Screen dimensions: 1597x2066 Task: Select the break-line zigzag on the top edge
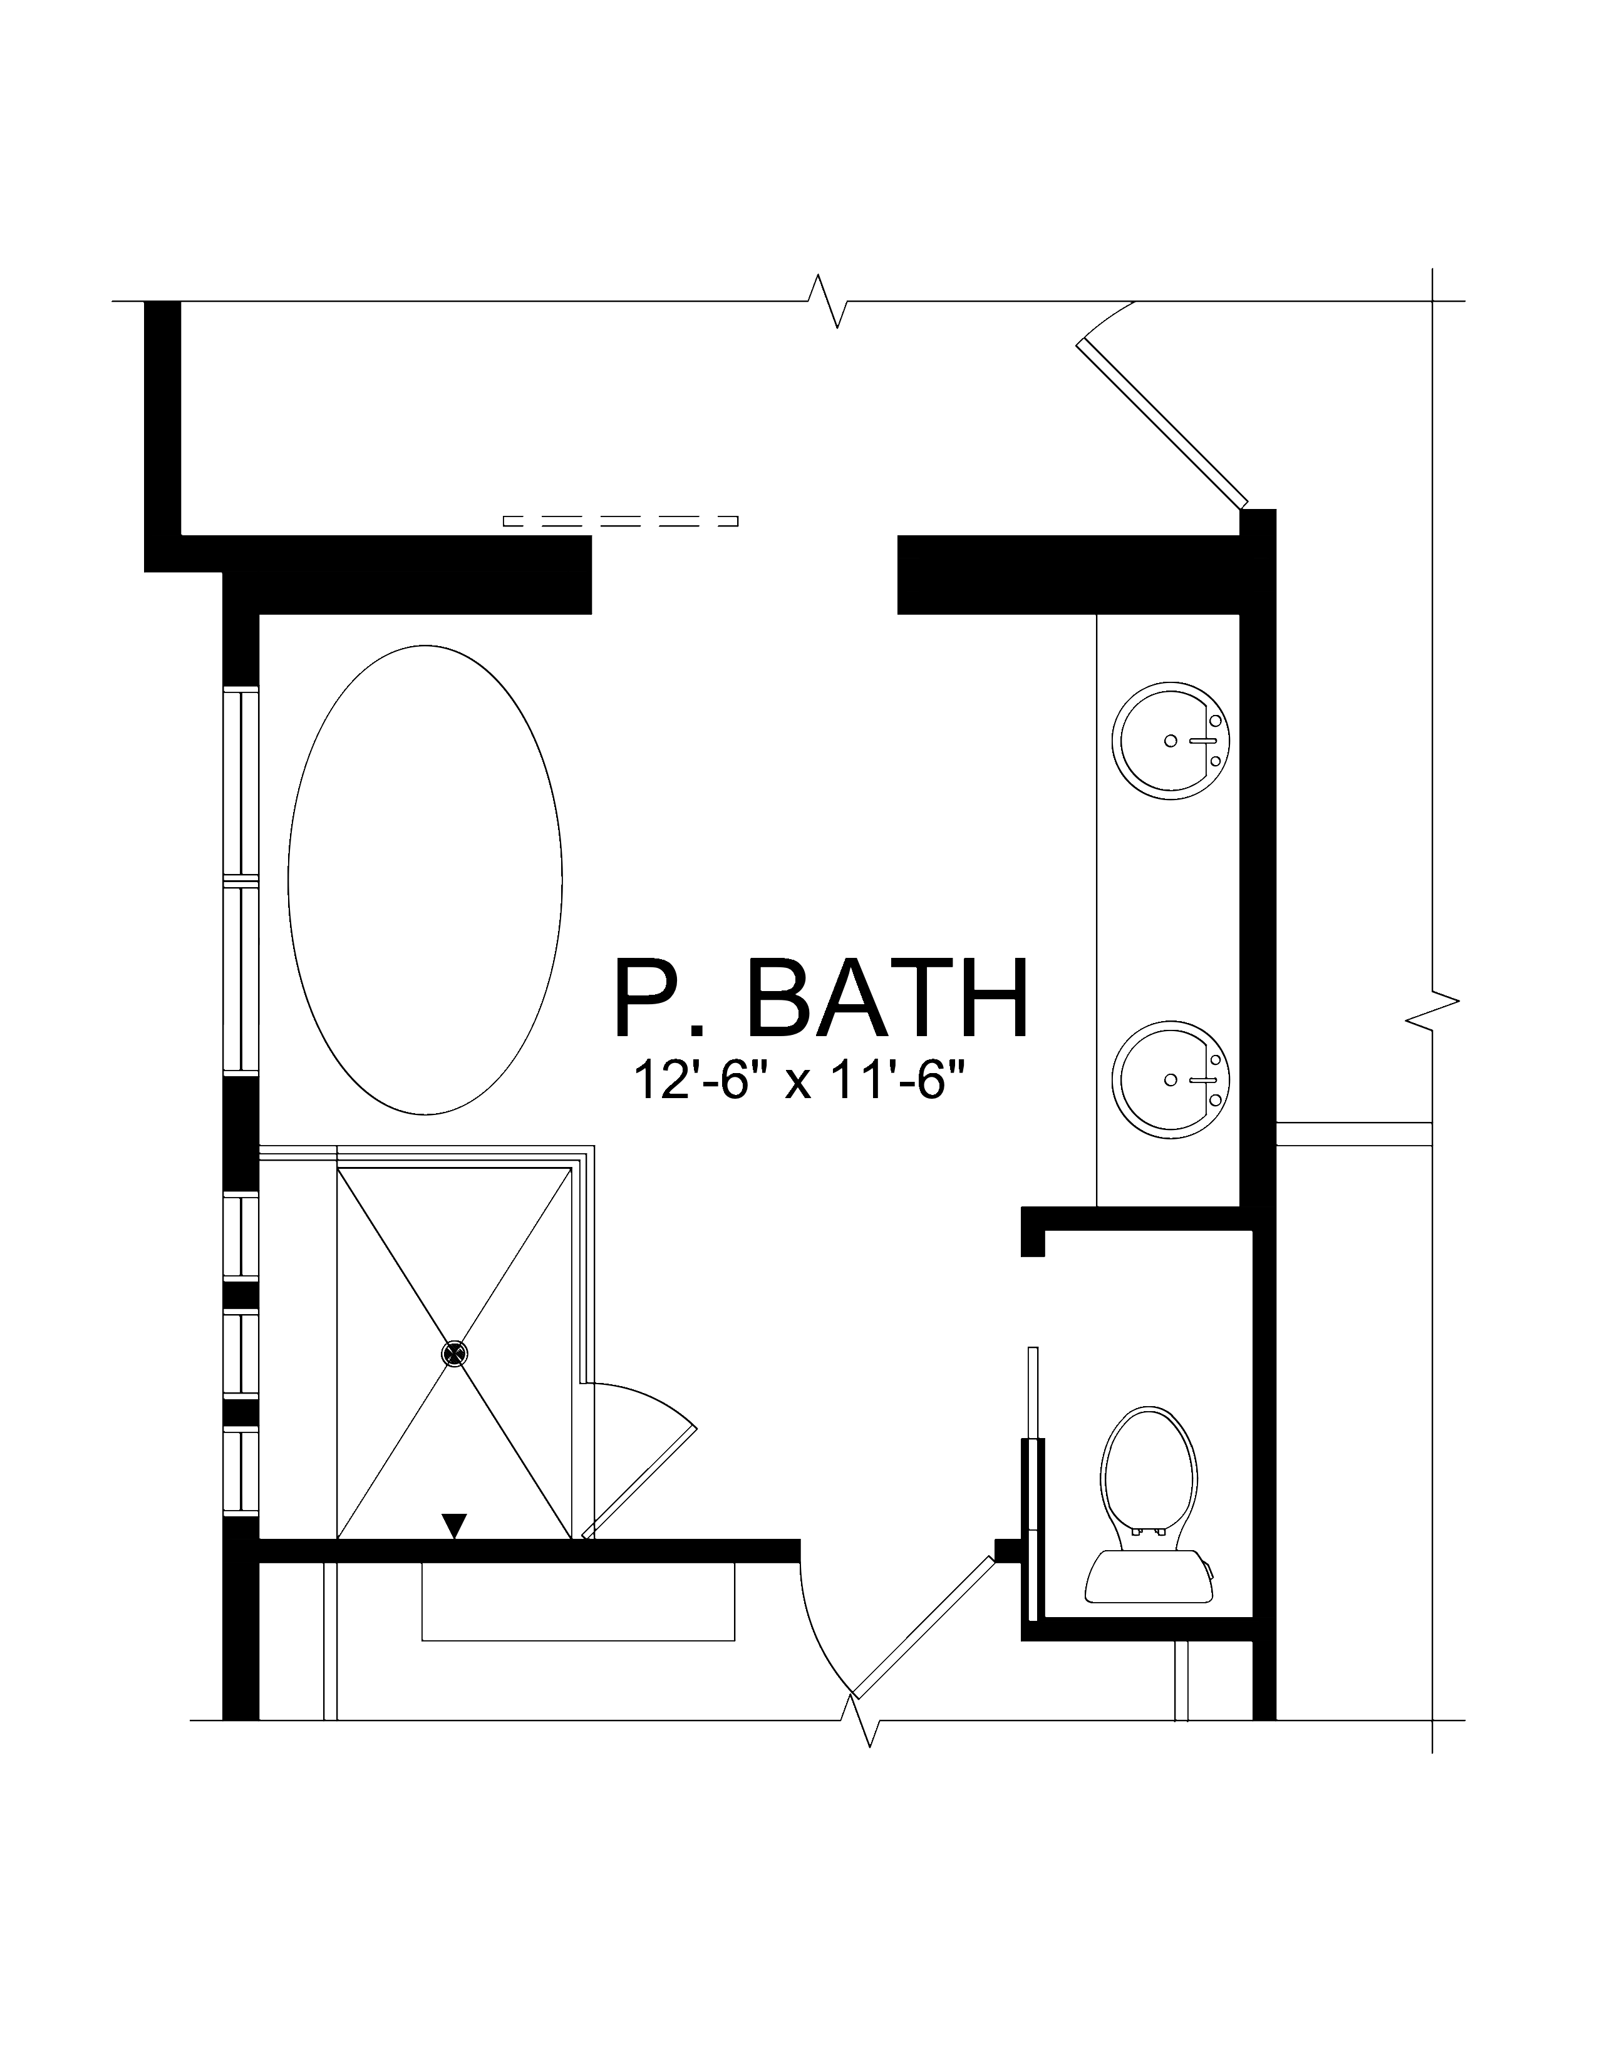828,302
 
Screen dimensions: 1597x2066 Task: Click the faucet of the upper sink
1208,741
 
